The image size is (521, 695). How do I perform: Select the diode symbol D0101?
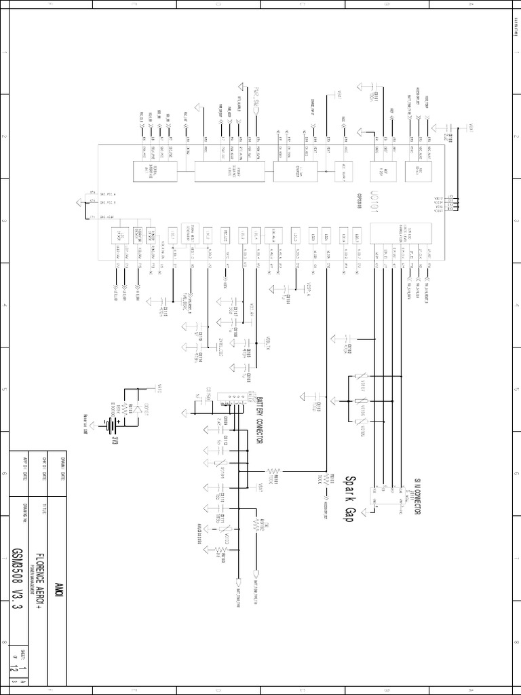click(140, 409)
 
